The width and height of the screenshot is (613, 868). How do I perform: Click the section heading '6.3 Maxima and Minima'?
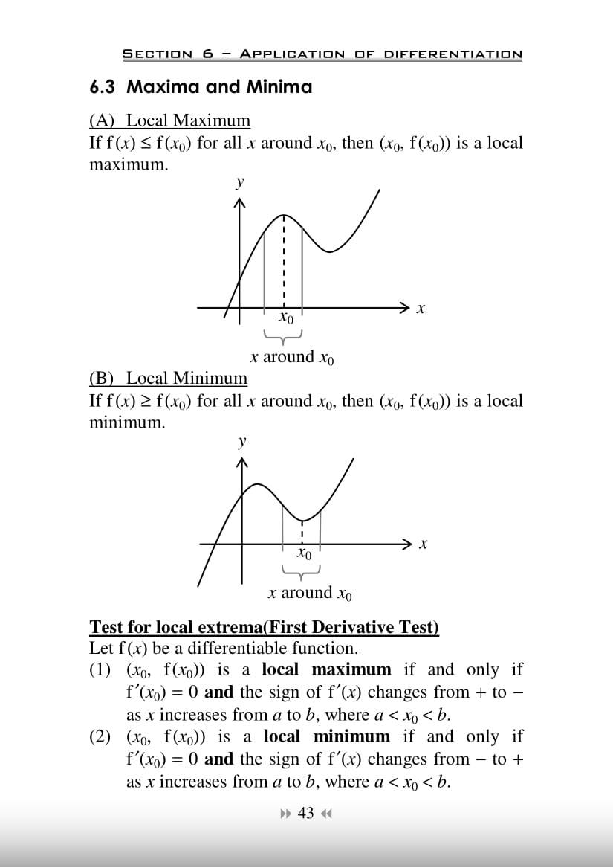tap(201, 87)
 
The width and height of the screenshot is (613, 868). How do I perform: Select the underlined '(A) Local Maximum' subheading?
tap(169, 120)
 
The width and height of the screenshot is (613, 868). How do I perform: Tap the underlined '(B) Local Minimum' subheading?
tap(168, 379)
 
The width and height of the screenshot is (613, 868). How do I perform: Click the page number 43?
tap(305, 814)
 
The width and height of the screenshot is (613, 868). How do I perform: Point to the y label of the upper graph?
tap(239, 181)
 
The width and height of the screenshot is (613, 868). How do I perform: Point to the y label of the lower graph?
tap(241, 441)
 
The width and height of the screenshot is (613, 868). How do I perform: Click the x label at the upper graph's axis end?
tap(421, 308)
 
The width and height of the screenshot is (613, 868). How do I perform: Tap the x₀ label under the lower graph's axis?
tap(304, 554)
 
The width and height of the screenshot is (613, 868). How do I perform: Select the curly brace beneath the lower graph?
tap(302, 572)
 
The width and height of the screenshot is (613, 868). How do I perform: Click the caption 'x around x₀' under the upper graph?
tap(292, 357)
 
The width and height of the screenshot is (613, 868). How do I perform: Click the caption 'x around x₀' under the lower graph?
tap(311, 594)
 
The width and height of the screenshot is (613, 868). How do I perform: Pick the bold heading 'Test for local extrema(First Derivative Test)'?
tap(264, 627)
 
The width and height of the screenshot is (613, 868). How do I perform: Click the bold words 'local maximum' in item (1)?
tap(326, 669)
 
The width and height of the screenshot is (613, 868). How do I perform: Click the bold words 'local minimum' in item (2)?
tap(326, 736)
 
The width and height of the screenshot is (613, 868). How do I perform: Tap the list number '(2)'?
tap(101, 736)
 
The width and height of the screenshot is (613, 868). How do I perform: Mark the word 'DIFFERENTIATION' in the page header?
tap(453, 54)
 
